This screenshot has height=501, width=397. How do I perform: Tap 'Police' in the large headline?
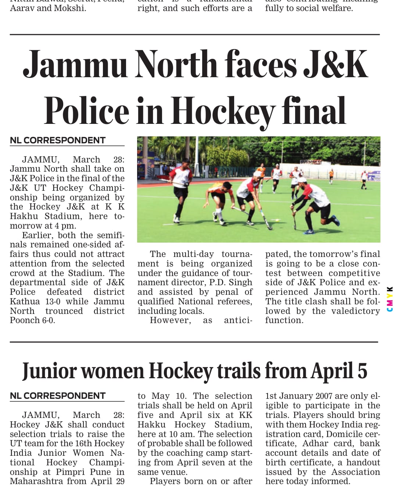[x=86, y=111]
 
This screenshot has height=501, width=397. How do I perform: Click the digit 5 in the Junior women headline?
[x=362, y=371]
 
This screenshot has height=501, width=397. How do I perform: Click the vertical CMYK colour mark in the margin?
[x=390, y=299]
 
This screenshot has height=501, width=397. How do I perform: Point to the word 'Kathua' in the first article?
[x=25, y=301]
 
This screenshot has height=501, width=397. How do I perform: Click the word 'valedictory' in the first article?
[x=355, y=311]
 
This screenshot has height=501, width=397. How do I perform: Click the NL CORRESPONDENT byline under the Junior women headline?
[x=58, y=396]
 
